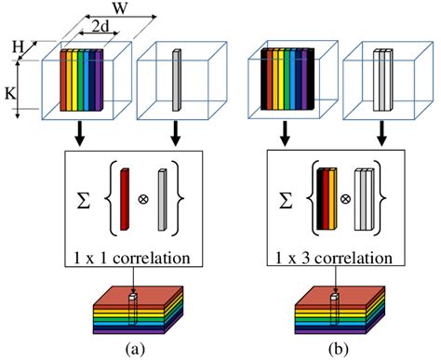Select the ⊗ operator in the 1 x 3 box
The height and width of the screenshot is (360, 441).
pos(343,197)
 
